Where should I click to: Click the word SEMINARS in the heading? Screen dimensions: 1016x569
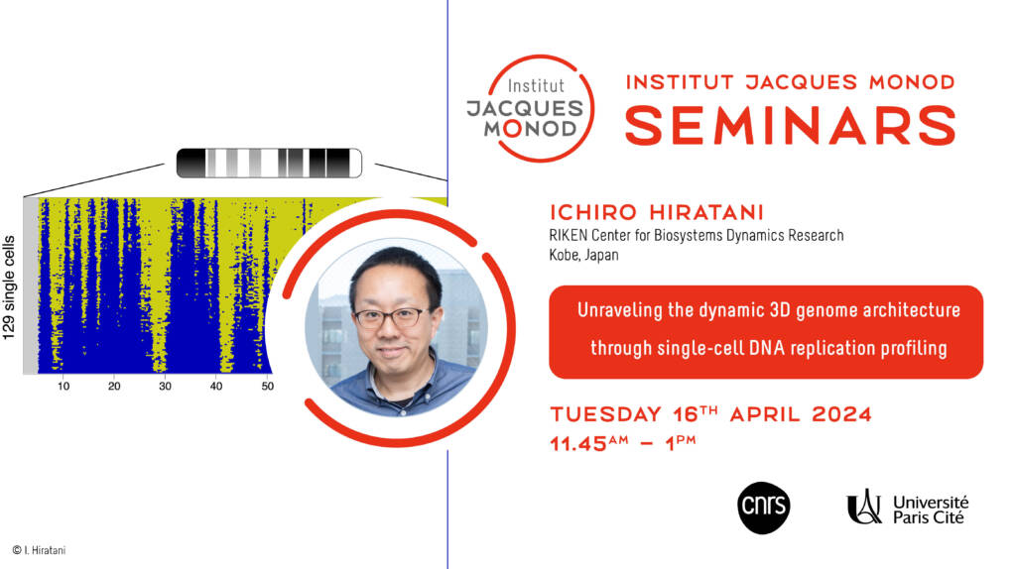(790, 125)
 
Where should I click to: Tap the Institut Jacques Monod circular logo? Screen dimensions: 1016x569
(530, 108)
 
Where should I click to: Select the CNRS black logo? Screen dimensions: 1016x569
(763, 508)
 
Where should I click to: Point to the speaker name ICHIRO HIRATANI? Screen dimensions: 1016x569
(657, 212)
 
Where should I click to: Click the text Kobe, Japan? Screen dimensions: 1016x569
(583, 255)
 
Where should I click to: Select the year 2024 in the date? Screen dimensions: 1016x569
(841, 414)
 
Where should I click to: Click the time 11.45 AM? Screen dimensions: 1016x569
(589, 443)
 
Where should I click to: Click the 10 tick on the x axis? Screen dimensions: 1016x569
(63, 387)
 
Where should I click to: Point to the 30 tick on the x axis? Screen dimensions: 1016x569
(166, 387)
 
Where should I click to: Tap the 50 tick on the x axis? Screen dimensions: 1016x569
(268, 387)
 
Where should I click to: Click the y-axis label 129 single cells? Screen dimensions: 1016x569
(9, 288)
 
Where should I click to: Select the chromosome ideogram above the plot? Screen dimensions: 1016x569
(269, 164)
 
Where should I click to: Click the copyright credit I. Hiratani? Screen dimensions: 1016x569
(39, 551)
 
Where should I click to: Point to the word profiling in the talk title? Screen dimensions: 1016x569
(914, 348)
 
